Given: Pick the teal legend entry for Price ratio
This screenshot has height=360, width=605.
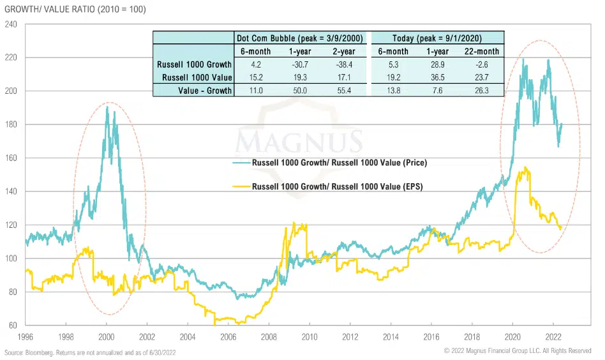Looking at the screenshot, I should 339,163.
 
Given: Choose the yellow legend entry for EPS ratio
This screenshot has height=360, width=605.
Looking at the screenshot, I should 339,187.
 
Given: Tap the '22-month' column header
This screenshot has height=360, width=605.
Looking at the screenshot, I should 483,52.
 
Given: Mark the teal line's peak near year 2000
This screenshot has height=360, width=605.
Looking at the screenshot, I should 107,107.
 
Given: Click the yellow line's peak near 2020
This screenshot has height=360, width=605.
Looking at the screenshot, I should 525,168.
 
